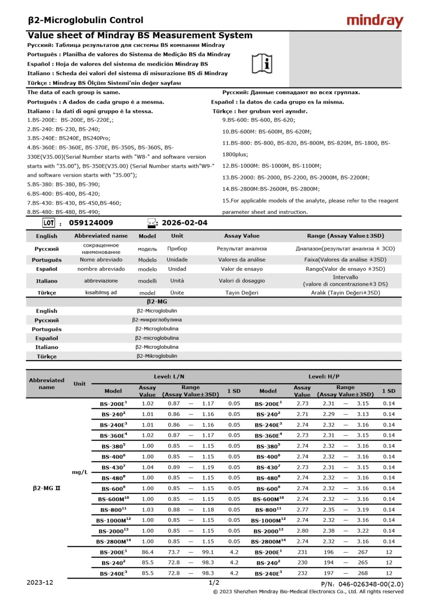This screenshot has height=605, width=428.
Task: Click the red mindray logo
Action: coord(375,21)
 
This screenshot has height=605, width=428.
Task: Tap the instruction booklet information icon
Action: coord(262,63)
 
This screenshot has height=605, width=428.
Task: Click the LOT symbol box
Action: coord(49,223)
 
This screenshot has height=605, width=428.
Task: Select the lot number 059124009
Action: coord(91,223)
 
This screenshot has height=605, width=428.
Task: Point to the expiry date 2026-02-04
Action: coord(184,223)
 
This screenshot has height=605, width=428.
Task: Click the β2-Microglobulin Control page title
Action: coord(86,20)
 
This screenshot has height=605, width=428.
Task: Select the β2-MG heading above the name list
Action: coord(157,302)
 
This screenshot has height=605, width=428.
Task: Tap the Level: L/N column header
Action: coord(169,377)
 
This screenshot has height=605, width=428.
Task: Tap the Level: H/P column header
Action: coord(323,377)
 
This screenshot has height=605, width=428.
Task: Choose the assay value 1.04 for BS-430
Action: coord(148,467)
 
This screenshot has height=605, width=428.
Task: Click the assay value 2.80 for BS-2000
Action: coord(303,531)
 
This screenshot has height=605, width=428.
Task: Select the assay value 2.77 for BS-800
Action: coord(303,510)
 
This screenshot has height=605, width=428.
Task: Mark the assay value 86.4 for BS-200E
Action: coord(148,552)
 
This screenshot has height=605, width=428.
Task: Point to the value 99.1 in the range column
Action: coord(208,552)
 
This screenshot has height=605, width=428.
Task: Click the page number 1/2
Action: coord(214,583)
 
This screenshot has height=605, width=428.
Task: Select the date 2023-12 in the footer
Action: coord(40,583)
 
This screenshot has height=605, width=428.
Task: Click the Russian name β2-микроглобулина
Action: coord(157,320)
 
